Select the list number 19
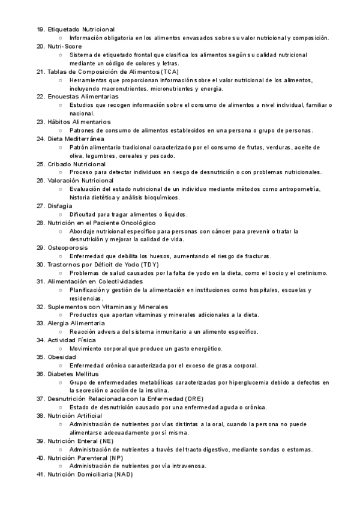pyautogui.click(x=40, y=29)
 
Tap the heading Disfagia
pyautogui.click(x=61, y=206)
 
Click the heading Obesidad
pyautogui.click(x=62, y=357)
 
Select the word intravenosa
pyautogui.click(x=187, y=466)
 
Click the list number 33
pyautogui.click(x=40, y=323)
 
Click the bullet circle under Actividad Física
pyautogui.click(x=61, y=348)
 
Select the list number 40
pyautogui.click(x=40, y=457)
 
